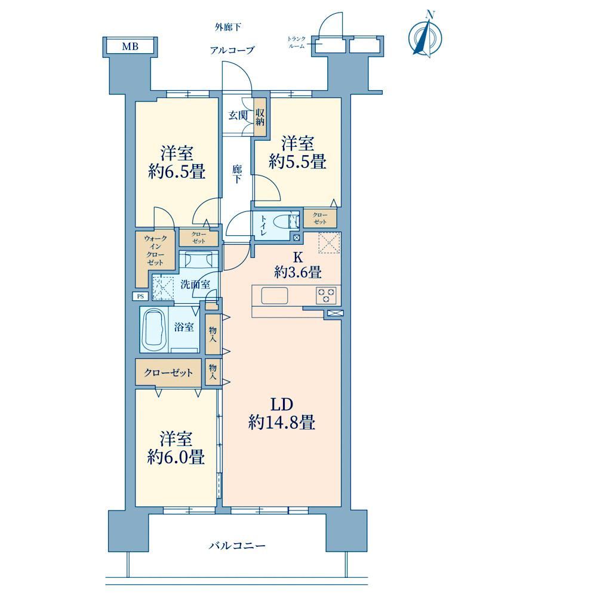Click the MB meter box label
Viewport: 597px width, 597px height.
coord(130,47)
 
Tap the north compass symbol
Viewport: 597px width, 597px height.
coord(425,36)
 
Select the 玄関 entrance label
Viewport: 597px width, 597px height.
coord(238,115)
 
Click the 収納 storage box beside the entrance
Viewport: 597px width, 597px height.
coord(260,117)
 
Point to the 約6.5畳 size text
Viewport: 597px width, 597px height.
coord(177,172)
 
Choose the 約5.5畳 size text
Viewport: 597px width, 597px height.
coord(298,162)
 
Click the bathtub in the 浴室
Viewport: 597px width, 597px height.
coord(153,330)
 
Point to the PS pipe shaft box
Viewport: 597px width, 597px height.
coord(140,296)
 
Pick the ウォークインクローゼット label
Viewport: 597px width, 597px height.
coord(155,251)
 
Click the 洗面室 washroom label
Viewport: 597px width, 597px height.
coord(195,284)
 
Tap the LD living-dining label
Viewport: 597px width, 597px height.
coord(281,405)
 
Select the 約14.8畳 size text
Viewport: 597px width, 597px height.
coord(282,422)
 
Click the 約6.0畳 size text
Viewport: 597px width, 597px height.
coord(176,457)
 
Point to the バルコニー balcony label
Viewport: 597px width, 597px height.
coord(237,546)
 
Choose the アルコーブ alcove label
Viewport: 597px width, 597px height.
coord(232,50)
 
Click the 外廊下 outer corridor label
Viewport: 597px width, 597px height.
coord(227,27)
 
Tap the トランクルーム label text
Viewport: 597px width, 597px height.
coord(297,42)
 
